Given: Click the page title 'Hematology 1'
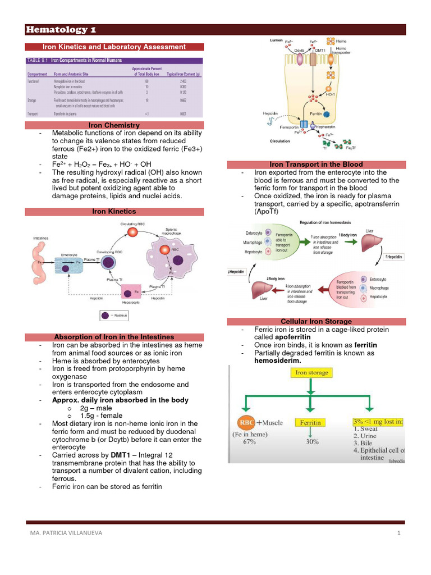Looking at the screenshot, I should (58, 30).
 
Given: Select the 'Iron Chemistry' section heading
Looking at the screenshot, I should (114, 125).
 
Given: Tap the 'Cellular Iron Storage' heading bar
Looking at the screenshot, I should (320, 321).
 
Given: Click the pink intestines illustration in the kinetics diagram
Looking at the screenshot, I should (41, 262).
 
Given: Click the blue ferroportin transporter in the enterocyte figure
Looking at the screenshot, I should (304, 124).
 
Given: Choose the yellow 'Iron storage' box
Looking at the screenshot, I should (312, 372).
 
